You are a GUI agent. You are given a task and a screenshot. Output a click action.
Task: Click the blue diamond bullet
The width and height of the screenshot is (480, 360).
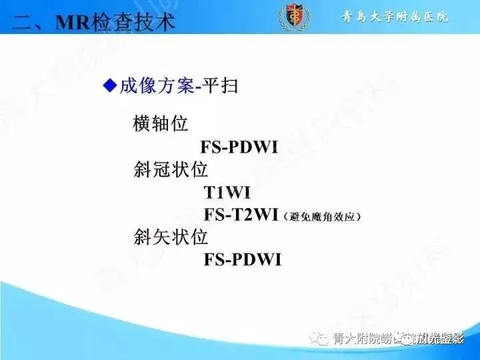[x=109, y=85]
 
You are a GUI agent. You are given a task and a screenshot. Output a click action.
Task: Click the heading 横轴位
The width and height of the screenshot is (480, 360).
[x=161, y=123]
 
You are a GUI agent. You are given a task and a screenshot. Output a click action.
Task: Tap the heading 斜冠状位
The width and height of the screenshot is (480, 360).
[x=171, y=169]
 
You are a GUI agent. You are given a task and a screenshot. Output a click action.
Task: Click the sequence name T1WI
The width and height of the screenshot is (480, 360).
[x=227, y=193]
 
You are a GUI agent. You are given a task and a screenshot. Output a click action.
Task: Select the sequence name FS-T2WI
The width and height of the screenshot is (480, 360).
[x=241, y=215]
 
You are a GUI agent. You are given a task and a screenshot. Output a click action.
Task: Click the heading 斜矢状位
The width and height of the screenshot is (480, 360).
[x=171, y=237]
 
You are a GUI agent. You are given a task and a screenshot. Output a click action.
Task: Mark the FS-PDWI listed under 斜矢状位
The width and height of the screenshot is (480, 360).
[x=243, y=259]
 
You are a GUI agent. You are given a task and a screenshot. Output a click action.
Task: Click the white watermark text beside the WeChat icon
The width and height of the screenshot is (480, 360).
[x=398, y=339]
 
